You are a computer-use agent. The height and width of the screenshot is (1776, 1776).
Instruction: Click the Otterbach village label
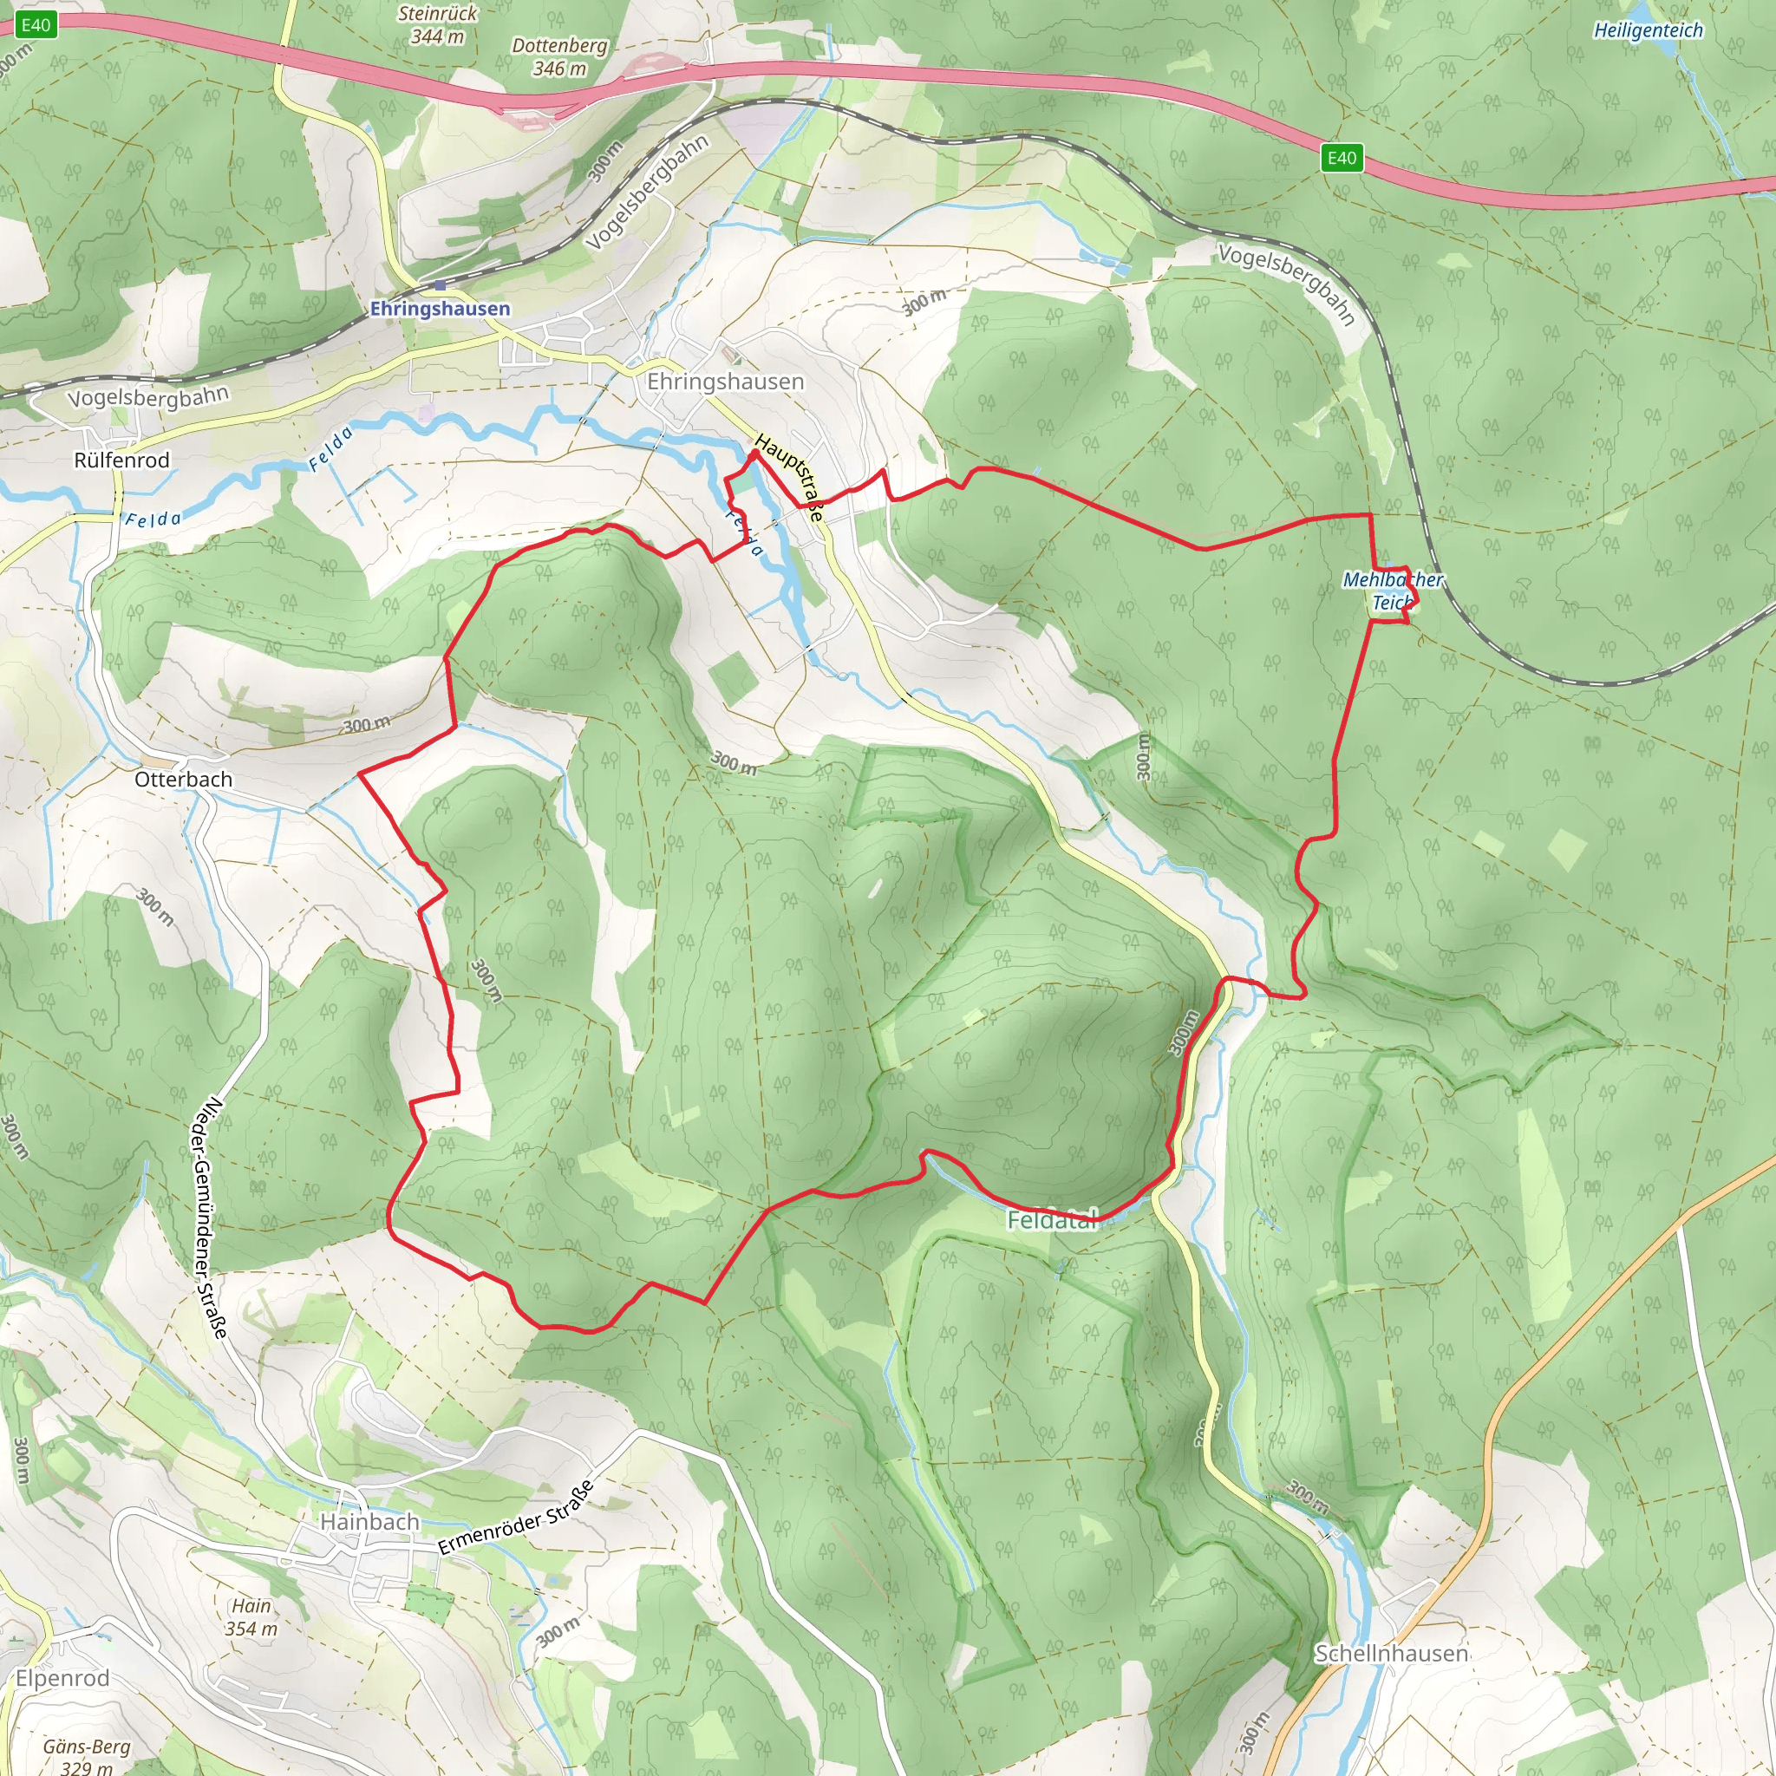[x=183, y=780]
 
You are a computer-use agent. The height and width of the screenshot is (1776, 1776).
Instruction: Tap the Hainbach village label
[x=369, y=1522]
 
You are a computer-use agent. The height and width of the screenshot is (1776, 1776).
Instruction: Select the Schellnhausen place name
[x=1391, y=1654]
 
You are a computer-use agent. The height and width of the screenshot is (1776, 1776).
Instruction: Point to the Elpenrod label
[x=62, y=1679]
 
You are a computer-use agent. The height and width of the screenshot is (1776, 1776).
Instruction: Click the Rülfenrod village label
[x=121, y=460]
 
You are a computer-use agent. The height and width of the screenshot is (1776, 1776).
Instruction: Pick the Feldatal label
[x=1052, y=1220]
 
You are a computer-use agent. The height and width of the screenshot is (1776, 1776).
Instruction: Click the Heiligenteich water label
[x=1648, y=30]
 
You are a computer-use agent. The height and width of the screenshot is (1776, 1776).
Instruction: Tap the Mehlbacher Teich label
[x=1392, y=591]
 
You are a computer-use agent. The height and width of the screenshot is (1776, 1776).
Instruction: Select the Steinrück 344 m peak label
[x=438, y=25]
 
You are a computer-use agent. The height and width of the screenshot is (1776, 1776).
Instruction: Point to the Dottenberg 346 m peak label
[x=559, y=56]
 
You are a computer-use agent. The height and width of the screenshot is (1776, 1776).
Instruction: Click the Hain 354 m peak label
[x=251, y=1617]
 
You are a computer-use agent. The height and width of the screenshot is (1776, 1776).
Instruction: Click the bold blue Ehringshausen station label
[x=440, y=309]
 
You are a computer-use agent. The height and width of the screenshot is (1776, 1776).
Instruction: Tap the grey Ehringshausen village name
[x=725, y=382]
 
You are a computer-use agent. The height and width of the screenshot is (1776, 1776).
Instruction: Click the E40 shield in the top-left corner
[x=36, y=25]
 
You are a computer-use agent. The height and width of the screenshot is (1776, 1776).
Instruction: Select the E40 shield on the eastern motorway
[x=1342, y=158]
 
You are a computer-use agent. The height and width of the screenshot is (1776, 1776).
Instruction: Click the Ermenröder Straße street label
[x=516, y=1518]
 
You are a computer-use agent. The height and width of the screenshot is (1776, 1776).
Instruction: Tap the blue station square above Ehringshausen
[x=440, y=286]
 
